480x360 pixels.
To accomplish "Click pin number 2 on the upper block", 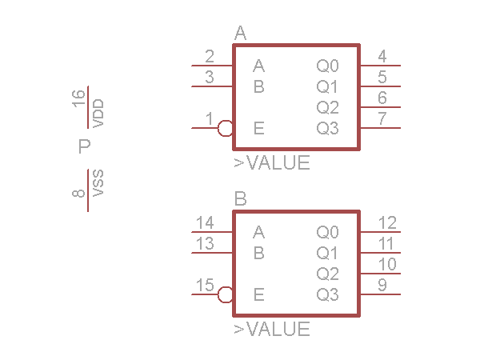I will [210, 57].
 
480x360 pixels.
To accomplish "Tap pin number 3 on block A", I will [210, 78].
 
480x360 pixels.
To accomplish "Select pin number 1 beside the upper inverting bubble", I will [210, 119].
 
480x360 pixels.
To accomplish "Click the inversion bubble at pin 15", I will [226, 294].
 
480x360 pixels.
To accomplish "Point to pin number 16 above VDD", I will [78, 98].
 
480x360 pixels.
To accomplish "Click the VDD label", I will [98, 114].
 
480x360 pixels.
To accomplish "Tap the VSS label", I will [98, 183].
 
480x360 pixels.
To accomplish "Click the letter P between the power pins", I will [84, 146].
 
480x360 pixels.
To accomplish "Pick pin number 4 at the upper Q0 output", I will [382, 57].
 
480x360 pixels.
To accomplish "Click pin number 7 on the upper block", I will [382, 119].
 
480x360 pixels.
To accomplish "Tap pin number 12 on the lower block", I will [387, 223].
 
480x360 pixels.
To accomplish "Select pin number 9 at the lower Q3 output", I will [382, 286].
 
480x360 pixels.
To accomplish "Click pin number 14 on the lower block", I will [205, 223].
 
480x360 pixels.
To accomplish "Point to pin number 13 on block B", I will [205, 244].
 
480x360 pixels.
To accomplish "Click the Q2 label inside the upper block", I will [328, 107].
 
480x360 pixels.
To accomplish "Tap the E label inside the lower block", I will [258, 294].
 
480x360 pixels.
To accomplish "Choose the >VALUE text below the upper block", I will [272, 163].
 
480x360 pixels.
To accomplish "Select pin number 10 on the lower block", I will [387, 265].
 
